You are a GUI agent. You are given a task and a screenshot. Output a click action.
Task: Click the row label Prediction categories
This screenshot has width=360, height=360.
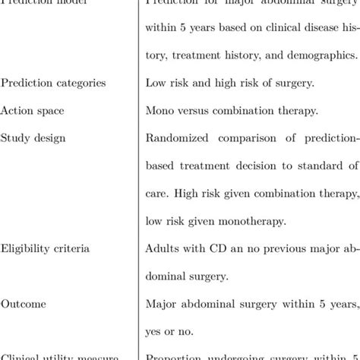point(53,83)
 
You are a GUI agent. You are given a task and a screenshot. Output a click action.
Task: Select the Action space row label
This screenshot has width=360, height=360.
point(32,111)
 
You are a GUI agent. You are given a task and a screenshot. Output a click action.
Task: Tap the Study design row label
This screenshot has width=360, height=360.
point(33,138)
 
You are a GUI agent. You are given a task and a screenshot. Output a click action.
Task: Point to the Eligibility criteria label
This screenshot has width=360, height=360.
point(45,248)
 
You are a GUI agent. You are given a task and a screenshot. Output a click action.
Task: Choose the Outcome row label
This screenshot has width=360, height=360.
point(24,304)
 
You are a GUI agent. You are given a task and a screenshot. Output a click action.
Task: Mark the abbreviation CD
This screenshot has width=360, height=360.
point(215,248)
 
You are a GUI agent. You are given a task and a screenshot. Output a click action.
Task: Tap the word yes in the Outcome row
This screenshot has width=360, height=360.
point(154,332)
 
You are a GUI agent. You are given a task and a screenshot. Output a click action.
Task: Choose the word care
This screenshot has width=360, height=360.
point(156,194)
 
